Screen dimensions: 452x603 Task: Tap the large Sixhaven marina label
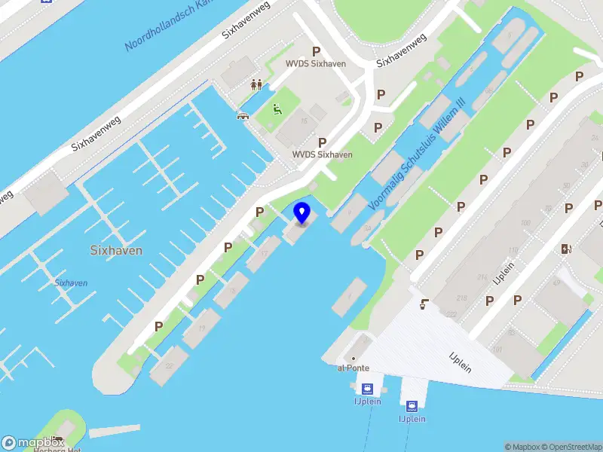[116, 250]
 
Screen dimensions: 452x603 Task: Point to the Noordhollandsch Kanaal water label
[170, 27]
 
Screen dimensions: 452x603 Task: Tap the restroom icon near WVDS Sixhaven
[256, 85]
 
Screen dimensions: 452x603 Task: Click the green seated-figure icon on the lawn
[277, 110]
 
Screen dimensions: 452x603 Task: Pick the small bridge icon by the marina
[243, 115]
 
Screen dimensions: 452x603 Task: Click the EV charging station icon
[566, 249]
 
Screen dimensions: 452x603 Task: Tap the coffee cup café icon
[425, 304]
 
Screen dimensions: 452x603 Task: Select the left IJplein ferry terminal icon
[367, 389]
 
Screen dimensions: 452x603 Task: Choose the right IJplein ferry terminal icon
[412, 406]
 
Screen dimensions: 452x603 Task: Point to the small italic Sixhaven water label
[71, 282]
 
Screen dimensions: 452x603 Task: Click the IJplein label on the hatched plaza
[460, 362]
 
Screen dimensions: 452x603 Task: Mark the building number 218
[461, 298]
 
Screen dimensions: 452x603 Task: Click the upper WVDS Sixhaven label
[315, 64]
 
